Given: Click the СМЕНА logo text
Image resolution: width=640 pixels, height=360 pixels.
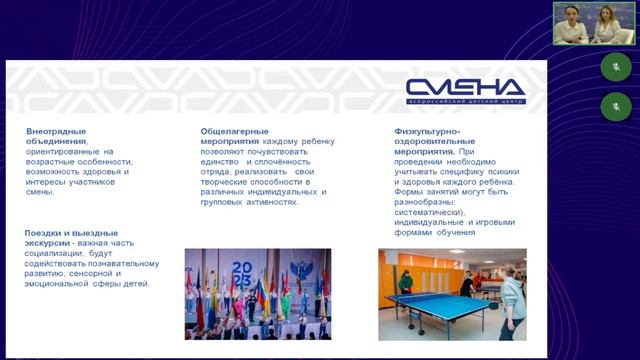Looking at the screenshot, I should [x=464, y=87].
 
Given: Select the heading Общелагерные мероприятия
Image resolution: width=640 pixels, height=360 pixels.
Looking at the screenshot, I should [x=232, y=137].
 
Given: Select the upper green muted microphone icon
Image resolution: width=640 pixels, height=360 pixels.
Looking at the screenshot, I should [x=615, y=66].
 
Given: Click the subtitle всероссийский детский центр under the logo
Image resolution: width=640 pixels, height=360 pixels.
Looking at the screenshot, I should [x=464, y=102].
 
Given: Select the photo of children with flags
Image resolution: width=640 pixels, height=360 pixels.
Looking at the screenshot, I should [x=257, y=294].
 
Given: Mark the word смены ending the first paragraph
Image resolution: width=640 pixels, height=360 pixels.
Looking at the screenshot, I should [x=41, y=192].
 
